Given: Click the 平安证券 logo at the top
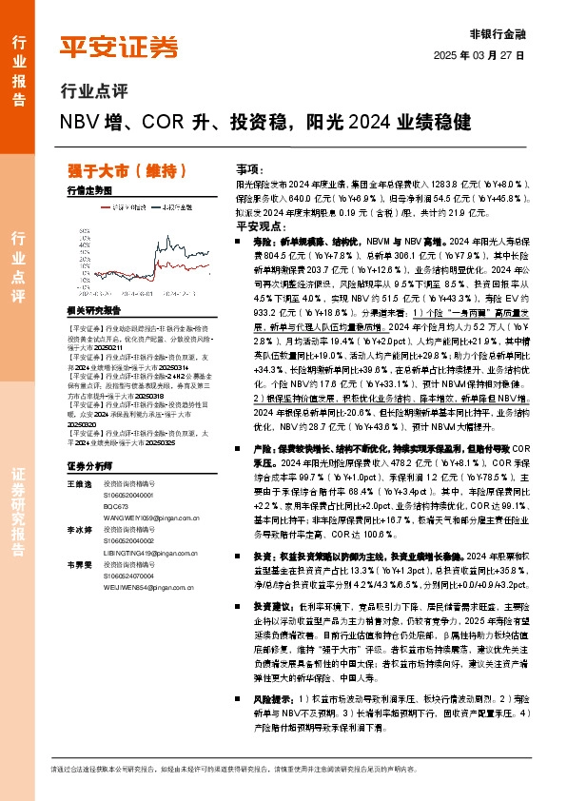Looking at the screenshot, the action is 118,46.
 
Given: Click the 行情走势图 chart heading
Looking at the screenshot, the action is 90,191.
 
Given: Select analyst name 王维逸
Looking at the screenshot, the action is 80,484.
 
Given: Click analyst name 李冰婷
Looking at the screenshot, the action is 80,527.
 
